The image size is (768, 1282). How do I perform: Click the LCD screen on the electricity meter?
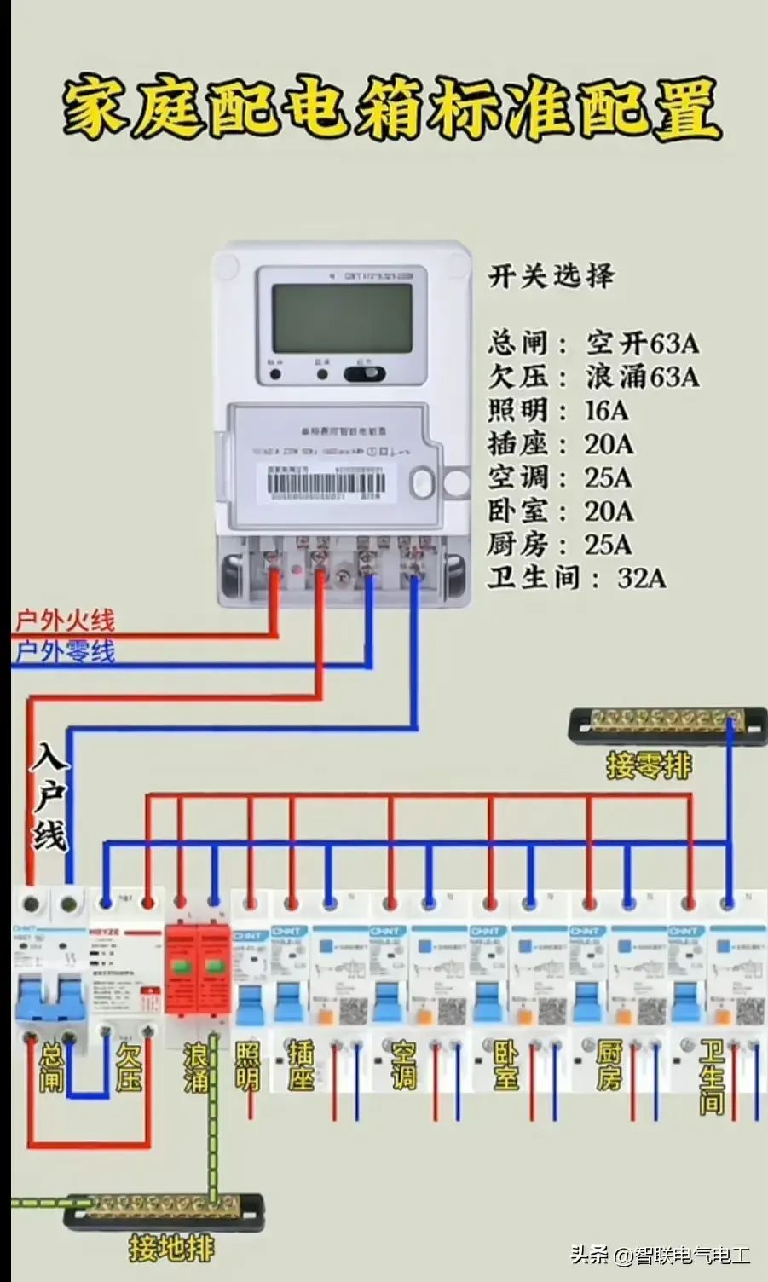point(341,318)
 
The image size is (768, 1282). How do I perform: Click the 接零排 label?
point(650,765)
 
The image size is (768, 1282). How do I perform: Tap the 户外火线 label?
point(65,621)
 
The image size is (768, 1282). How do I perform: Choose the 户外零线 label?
point(65,652)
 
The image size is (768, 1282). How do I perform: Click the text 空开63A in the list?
point(642,344)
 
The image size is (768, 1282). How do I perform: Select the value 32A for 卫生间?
point(641,578)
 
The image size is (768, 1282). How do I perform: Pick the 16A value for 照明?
point(606,411)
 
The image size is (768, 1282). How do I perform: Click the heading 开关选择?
point(551,276)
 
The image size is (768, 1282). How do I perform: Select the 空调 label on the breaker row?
point(403,1065)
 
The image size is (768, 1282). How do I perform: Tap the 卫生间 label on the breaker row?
point(711,1076)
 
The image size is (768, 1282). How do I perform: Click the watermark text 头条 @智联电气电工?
point(660,1256)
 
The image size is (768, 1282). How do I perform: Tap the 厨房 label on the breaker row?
point(609,1065)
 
